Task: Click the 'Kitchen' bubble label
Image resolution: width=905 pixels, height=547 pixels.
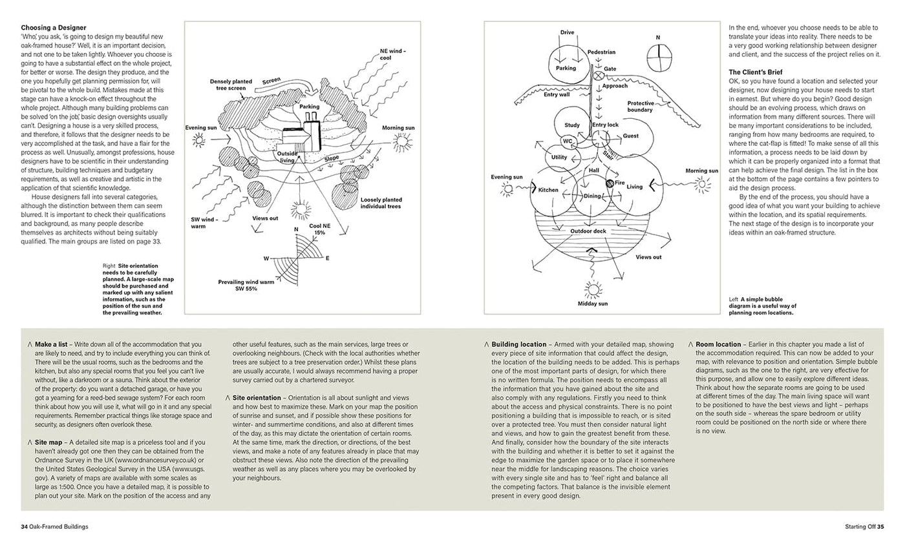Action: (548, 190)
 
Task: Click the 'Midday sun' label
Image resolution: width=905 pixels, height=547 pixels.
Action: (591, 303)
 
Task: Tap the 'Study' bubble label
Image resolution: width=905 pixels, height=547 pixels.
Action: (571, 125)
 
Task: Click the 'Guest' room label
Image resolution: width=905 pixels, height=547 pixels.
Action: (630, 136)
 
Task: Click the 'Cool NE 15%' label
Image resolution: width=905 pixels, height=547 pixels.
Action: (318, 230)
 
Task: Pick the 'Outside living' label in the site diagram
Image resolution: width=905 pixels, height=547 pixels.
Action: (286, 156)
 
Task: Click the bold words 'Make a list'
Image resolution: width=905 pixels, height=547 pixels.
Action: (54, 344)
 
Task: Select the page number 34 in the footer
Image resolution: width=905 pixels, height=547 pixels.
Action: (24, 526)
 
